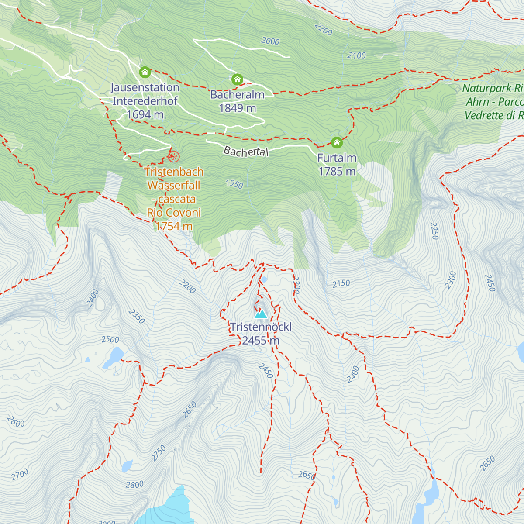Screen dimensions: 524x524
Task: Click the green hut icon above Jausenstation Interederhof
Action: (145, 72)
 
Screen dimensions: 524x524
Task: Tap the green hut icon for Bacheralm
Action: (237, 79)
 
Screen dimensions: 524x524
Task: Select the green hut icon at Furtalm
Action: (336, 142)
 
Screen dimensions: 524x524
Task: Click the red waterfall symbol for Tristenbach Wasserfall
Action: (173, 156)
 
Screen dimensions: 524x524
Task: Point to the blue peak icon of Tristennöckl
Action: (261, 313)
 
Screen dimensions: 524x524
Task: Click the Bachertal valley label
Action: (246, 152)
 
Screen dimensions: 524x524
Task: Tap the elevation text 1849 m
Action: (237, 108)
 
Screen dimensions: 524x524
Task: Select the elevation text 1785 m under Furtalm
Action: (337, 172)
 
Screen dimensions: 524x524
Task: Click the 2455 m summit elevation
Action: (261, 341)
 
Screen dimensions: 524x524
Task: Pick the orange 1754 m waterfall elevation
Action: (174, 226)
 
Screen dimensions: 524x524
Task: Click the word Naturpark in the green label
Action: (487, 88)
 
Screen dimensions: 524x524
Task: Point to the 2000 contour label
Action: (270, 41)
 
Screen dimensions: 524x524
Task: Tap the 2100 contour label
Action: (356, 55)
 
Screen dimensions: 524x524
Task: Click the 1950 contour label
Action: (234, 184)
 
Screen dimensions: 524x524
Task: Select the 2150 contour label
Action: (341, 283)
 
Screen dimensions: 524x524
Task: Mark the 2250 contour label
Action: (434, 231)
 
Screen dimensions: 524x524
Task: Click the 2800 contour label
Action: (134, 485)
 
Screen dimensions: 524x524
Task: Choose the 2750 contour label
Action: (159, 453)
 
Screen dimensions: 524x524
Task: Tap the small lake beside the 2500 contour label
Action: (114, 356)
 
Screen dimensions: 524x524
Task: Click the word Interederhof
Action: (145, 101)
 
